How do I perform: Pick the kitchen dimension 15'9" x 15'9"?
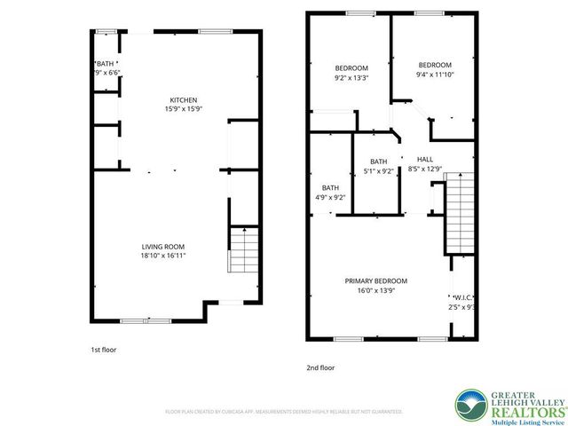pyautogui.click(x=184, y=109)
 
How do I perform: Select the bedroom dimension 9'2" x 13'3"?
pyautogui.click(x=351, y=77)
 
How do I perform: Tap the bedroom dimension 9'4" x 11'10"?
pyautogui.click(x=435, y=75)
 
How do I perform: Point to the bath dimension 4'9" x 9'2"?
pyautogui.click(x=330, y=197)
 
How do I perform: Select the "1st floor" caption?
pyautogui.click(x=104, y=350)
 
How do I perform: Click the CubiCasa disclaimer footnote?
pyautogui.click(x=284, y=412)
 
